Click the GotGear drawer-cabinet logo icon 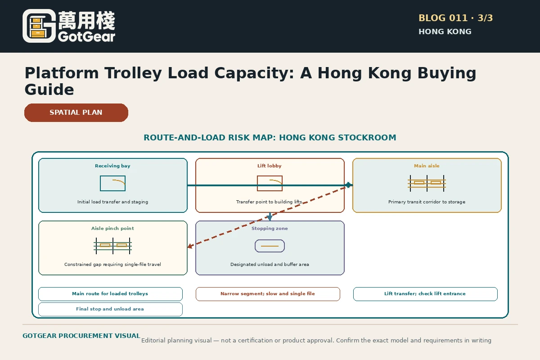coord(39,26)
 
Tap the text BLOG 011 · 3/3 coord(455,18)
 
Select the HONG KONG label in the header coord(445,31)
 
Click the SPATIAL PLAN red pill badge coord(76,112)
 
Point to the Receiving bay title coord(112,166)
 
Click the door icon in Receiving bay coord(113,184)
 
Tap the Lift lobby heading coord(270,166)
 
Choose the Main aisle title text coord(427,166)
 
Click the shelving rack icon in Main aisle coord(427,184)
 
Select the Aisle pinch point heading coord(112,228)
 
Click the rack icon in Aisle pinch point coord(113,246)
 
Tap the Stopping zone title coord(270,228)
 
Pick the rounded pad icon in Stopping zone coord(270,246)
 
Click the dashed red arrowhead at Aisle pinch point coord(190,246)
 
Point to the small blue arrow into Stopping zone coord(270,216)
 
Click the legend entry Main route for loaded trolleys coord(110,294)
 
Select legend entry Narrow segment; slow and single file coord(268,294)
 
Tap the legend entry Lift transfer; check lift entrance coord(425,294)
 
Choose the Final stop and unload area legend coord(110,309)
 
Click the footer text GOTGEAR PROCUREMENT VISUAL coord(81,336)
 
